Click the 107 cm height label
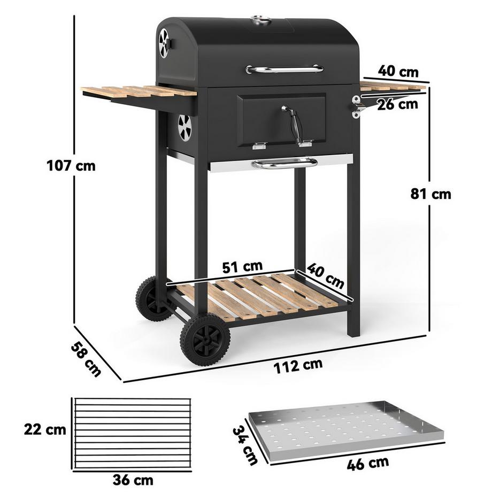[x=71, y=166]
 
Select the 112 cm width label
[x=298, y=366]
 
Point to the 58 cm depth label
[x=86, y=359]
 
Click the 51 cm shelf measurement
[x=243, y=266]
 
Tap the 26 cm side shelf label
[x=397, y=104]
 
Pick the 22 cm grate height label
[x=45, y=429]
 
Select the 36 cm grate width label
[x=133, y=479]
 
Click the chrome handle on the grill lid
[x=285, y=69]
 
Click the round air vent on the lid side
[x=164, y=43]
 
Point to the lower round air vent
[x=184, y=128]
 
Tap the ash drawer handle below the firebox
[x=285, y=163]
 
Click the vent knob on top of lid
[x=261, y=20]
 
